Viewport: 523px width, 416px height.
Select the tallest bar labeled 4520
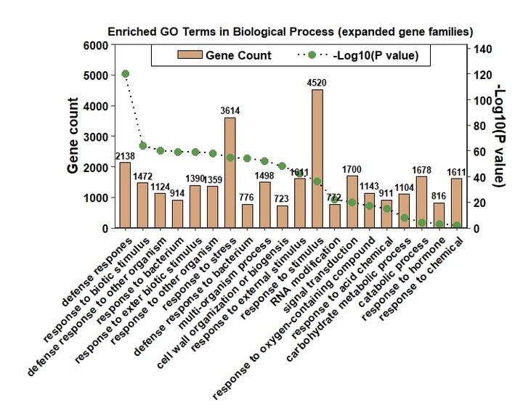[x=317, y=159]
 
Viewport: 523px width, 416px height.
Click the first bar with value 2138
[x=125, y=195]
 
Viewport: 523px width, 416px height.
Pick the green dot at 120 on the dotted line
[x=125, y=74]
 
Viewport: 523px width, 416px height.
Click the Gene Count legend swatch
[x=186, y=55]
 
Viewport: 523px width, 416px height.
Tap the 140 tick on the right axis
[x=482, y=49]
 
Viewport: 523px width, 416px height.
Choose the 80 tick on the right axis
[x=479, y=126]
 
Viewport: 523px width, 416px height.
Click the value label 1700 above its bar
[x=352, y=170]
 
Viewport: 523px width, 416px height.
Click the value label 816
[x=439, y=197]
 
